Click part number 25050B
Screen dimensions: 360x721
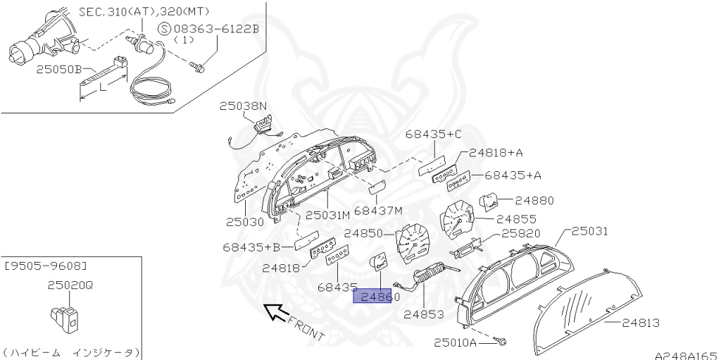click(x=60, y=70)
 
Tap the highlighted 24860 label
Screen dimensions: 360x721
click(x=379, y=297)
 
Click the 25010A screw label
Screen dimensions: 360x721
click(x=455, y=343)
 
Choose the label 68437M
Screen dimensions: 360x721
click(x=378, y=211)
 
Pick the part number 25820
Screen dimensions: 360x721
click(x=520, y=233)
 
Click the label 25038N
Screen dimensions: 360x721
click(x=243, y=106)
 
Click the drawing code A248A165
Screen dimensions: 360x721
click(x=685, y=354)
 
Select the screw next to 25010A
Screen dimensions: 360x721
click(x=501, y=342)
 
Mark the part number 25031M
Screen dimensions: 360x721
click(x=327, y=214)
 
